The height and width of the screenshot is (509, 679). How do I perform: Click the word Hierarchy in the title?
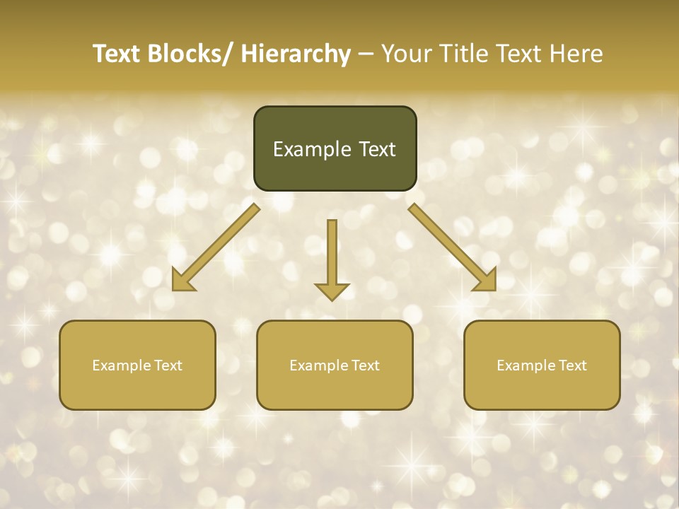[x=296, y=54]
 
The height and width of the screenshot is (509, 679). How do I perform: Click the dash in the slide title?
[x=366, y=54]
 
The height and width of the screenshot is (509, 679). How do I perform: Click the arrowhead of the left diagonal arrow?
[x=183, y=280]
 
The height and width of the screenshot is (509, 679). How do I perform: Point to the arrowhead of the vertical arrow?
[x=332, y=291]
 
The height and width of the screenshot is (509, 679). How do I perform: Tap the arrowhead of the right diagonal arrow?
[x=486, y=280]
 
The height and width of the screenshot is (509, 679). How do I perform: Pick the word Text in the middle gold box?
[x=365, y=365]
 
